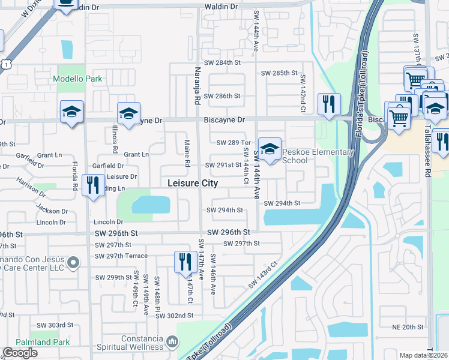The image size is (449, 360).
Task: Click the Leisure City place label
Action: pos(192,183)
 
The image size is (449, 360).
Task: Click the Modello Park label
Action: pos(77,79)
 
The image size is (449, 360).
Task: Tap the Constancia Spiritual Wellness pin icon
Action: pos(172,341)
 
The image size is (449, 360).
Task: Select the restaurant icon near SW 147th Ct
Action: pos(184,261)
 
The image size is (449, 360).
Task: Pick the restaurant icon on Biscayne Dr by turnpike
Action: pos(328,104)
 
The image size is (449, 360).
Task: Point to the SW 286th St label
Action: pos(221,96)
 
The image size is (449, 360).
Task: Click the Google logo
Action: pos(20,353)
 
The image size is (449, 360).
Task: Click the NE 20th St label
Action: pos(408,327)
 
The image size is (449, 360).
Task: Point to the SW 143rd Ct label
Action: pos(263,274)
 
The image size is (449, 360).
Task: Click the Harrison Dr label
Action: pos(31,187)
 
